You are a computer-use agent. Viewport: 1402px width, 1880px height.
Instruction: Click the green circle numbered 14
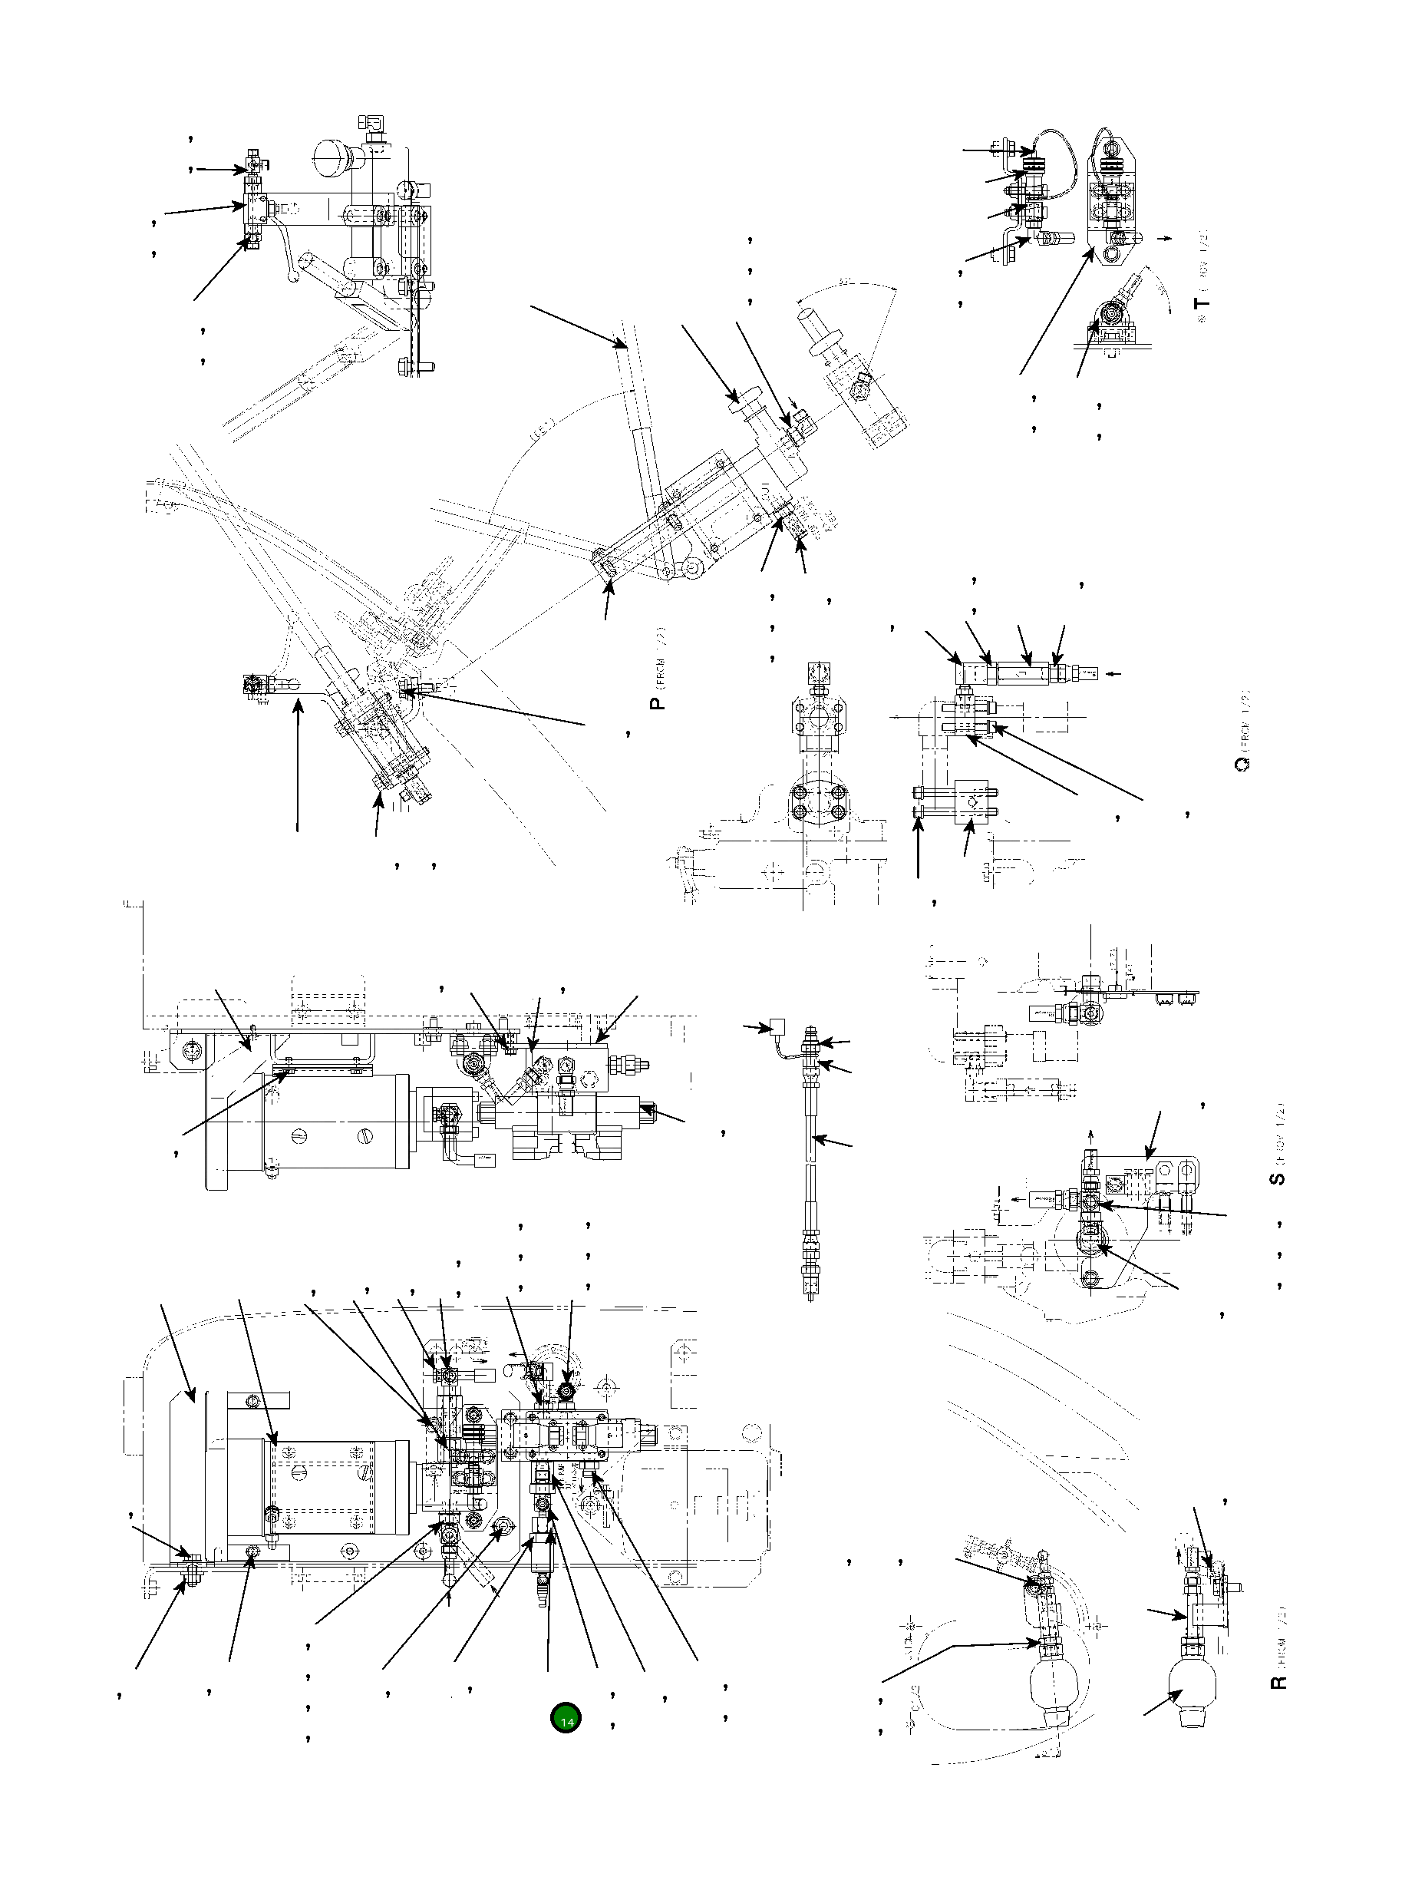566,1717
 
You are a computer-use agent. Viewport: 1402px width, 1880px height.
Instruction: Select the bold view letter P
657,702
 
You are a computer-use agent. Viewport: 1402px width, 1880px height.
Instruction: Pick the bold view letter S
1278,1178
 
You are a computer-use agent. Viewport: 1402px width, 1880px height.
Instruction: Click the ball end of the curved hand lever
293,276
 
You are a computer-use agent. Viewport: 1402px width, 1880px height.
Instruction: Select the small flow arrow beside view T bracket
1168,239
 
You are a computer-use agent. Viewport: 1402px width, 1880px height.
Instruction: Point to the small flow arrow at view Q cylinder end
1115,674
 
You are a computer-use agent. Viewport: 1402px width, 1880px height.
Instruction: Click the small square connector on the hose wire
775,1026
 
